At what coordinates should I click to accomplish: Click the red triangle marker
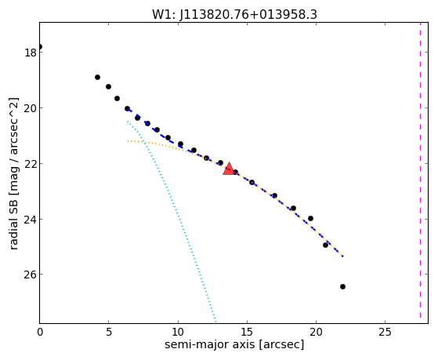click(x=229, y=169)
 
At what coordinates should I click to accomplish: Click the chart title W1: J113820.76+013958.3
click(x=234, y=14)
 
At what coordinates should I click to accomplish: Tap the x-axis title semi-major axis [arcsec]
click(x=234, y=344)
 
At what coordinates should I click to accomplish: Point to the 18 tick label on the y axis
click(x=31, y=53)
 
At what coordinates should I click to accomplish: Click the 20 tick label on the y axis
click(x=31, y=108)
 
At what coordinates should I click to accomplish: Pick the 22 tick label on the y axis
click(x=31, y=164)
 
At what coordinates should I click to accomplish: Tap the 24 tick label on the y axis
click(x=31, y=219)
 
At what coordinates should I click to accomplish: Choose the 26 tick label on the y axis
click(x=31, y=275)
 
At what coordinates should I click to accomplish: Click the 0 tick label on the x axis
click(x=40, y=332)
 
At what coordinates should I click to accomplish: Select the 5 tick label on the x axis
click(x=109, y=332)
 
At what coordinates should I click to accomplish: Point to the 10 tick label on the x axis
click(x=178, y=332)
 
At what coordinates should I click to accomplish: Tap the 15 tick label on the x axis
click(x=247, y=332)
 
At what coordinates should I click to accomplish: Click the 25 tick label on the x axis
click(x=385, y=332)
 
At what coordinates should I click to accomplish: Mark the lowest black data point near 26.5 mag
click(x=342, y=286)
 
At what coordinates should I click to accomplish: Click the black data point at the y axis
click(x=40, y=46)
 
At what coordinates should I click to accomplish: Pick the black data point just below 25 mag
click(x=325, y=245)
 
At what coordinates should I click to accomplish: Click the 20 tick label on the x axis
click(x=316, y=332)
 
